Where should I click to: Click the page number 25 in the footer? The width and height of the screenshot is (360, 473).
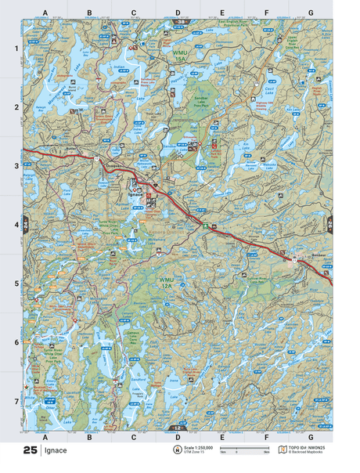pos(31,451)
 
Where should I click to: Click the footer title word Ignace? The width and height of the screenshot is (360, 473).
pos(56,451)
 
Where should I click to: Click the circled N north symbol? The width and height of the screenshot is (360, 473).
pos(176,450)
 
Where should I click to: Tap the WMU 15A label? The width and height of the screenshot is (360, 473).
pos(182,56)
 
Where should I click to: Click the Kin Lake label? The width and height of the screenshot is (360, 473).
pos(245,145)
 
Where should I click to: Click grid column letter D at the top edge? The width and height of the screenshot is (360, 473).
pos(178,13)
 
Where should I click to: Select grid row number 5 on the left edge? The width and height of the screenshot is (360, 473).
pos(16,283)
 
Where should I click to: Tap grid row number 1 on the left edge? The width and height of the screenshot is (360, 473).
pos(16,49)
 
